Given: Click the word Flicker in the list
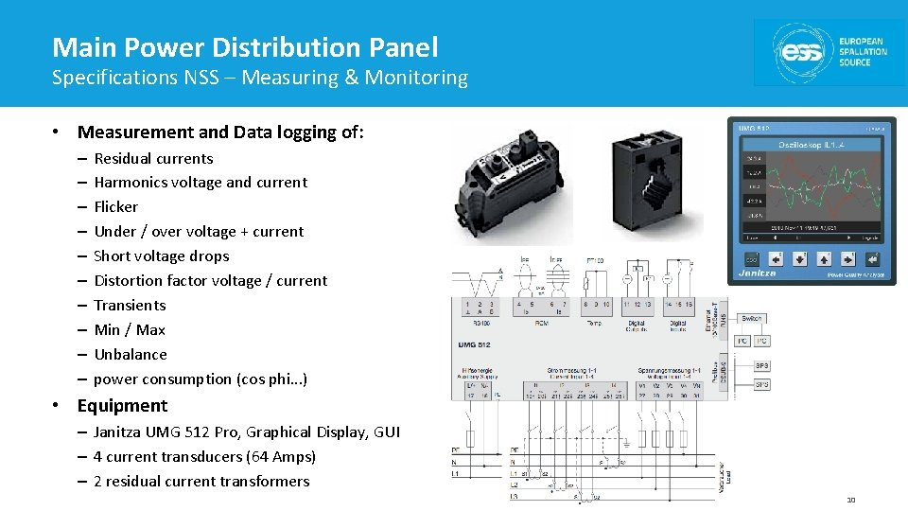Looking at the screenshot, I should click(116, 207).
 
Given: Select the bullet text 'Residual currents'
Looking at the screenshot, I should click(153, 159).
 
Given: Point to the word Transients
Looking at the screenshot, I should click(130, 306).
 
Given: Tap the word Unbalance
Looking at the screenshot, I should click(131, 355).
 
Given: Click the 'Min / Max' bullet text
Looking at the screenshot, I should click(130, 330).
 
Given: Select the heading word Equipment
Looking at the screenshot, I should click(122, 406).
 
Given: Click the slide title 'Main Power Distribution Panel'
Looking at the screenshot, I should click(245, 47).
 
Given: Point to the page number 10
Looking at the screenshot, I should click(850, 500).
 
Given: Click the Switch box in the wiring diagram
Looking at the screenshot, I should click(752, 319).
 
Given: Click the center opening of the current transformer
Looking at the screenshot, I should click(656, 185).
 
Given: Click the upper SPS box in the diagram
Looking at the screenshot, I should click(761, 365).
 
